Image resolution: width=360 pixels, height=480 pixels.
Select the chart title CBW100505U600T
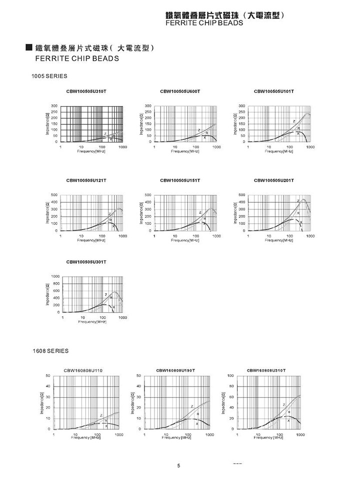tap(180, 92)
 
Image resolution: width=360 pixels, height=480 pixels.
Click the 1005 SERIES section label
tap(49, 76)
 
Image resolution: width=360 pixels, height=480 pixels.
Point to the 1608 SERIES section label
tap(50, 351)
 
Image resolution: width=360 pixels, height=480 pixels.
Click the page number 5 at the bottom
tap(178, 466)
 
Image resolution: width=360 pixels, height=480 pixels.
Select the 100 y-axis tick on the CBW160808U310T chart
tap(231, 375)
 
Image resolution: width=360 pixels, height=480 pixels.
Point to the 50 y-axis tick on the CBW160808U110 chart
tap(48, 375)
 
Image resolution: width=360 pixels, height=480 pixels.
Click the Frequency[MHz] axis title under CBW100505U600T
tap(186, 151)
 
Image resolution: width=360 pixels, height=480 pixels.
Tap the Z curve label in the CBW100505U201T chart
tap(298, 201)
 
